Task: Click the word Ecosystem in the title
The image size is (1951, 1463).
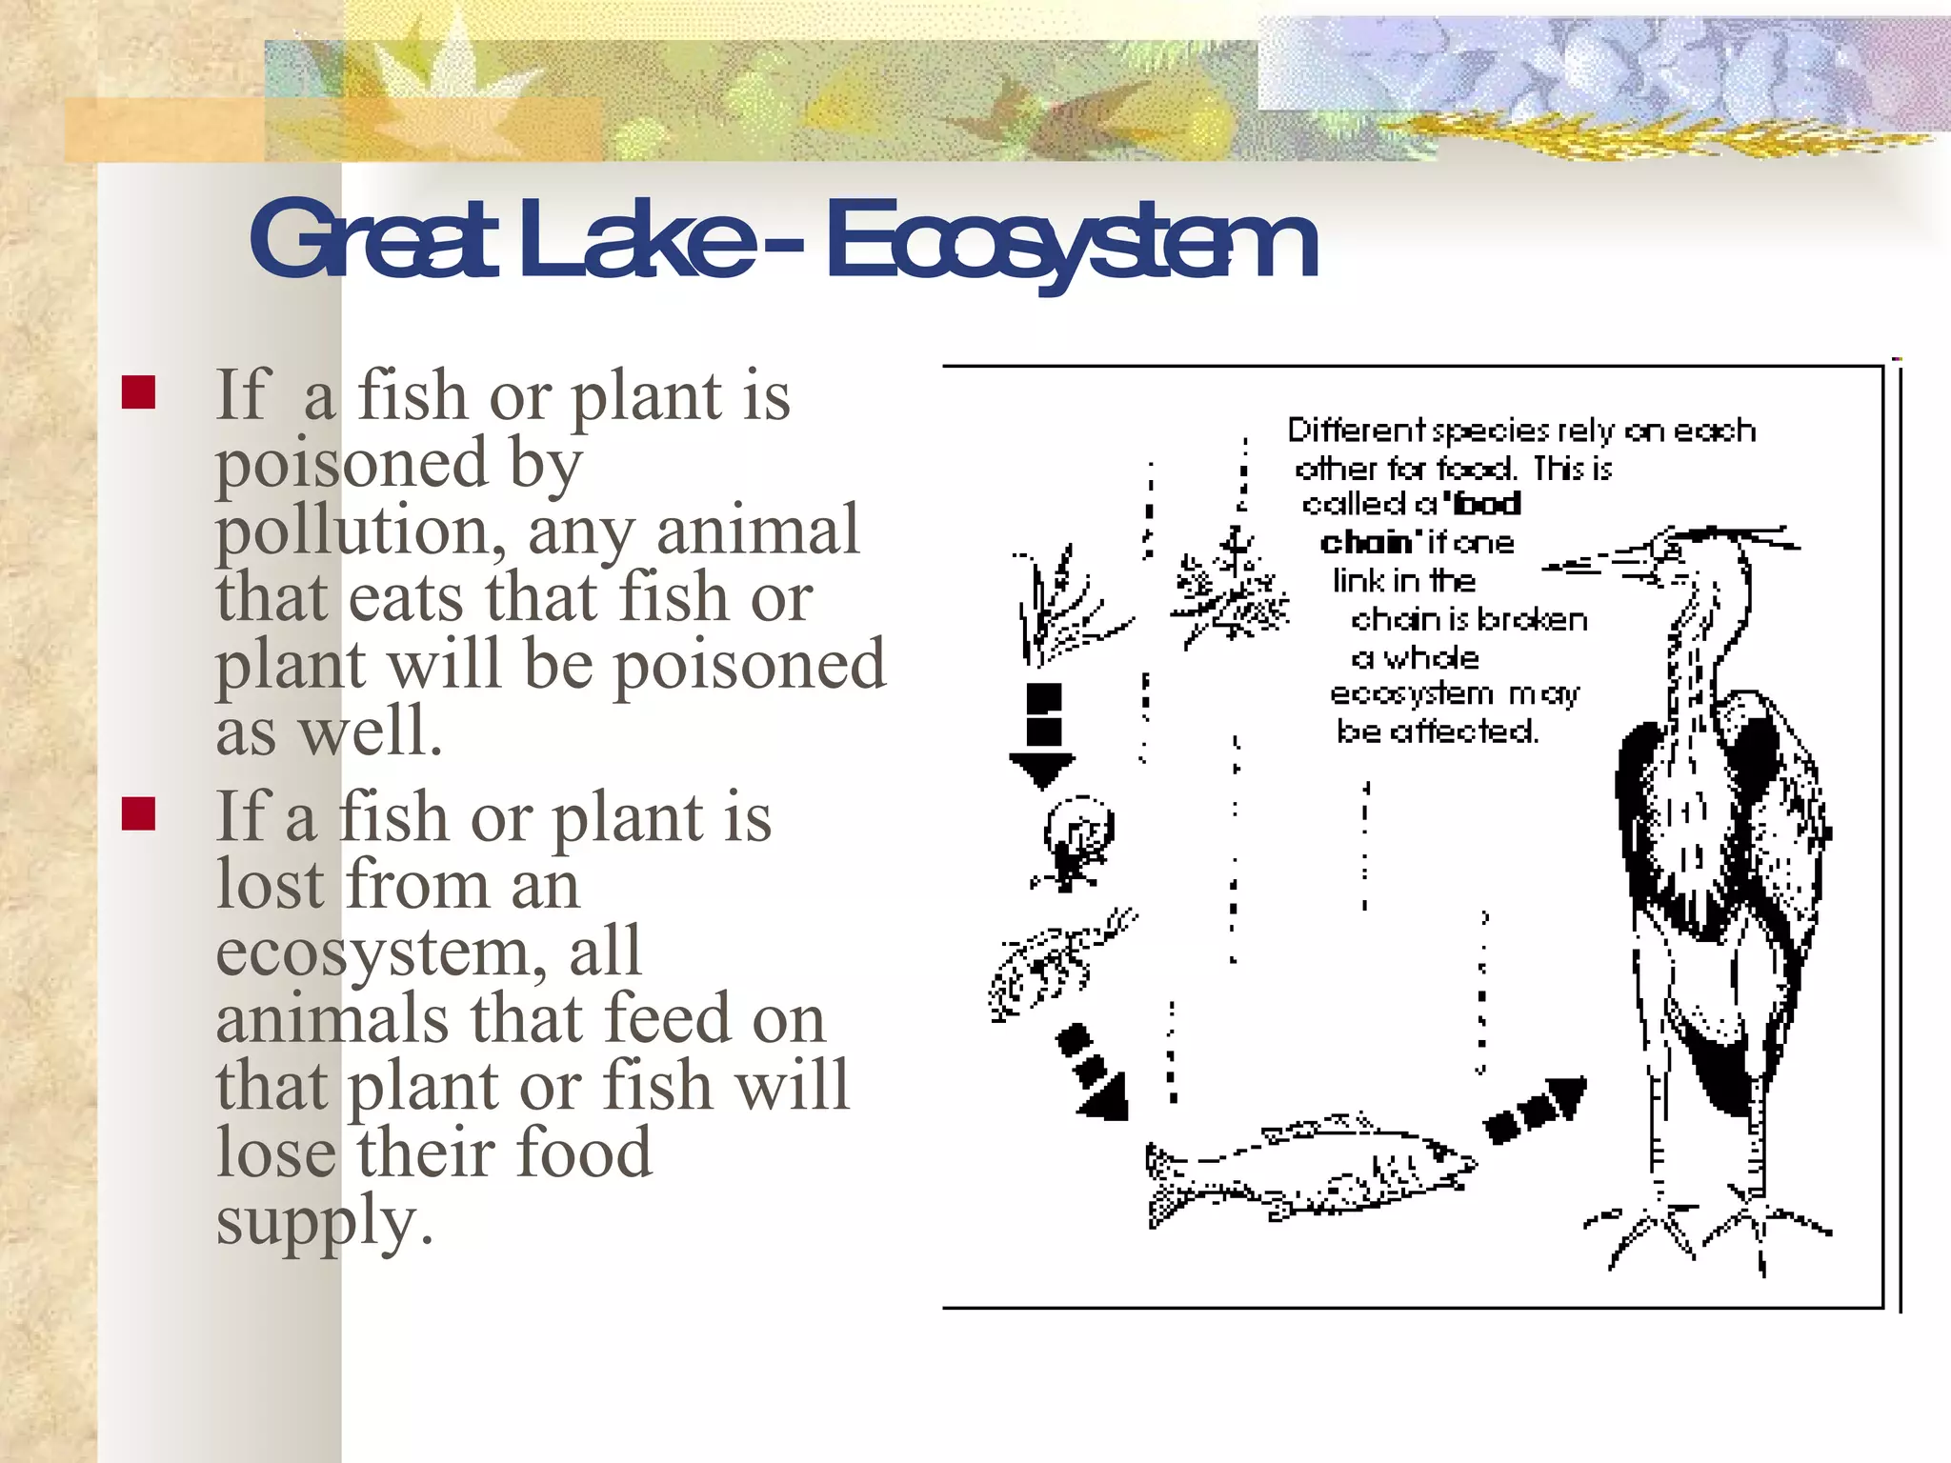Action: coord(1071,240)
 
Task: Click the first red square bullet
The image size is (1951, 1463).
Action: coord(139,392)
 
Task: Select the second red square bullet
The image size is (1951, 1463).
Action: coord(139,814)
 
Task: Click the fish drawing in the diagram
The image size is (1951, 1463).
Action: coord(1310,1170)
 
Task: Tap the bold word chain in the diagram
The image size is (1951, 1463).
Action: coord(1365,543)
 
